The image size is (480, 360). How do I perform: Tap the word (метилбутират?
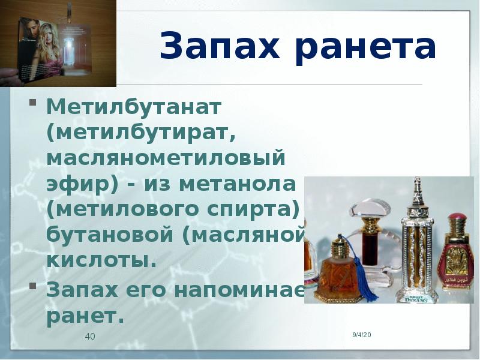coord(141,134)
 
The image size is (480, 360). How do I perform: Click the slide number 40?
coord(90,337)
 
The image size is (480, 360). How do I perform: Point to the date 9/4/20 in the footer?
coord(362,334)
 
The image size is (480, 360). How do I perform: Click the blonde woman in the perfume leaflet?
coord(45,48)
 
